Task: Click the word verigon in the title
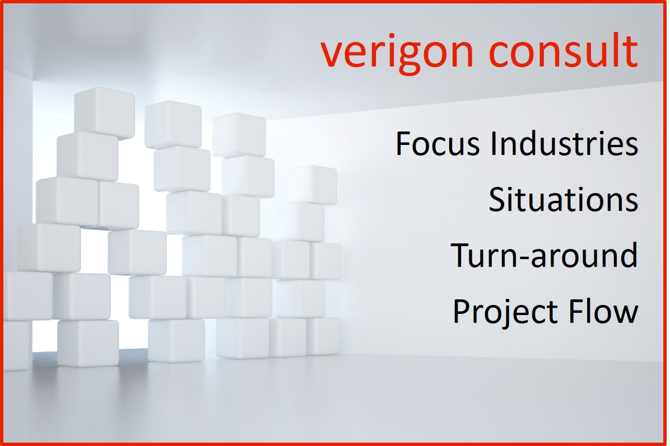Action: pyautogui.click(x=397, y=53)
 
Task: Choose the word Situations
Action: pyautogui.click(x=563, y=199)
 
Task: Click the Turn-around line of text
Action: pyautogui.click(x=545, y=255)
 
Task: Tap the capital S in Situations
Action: pyautogui.click(x=498, y=199)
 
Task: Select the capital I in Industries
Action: pyautogui.click(x=494, y=143)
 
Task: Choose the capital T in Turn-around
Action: pyautogui.click(x=460, y=255)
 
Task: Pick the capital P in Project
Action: pyautogui.click(x=462, y=311)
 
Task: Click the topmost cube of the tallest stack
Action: pyautogui.click(x=104, y=112)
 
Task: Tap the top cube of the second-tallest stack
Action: pyautogui.click(x=173, y=125)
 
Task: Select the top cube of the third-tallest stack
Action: pyautogui.click(x=239, y=135)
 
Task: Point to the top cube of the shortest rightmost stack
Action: pyautogui.click(x=312, y=185)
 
